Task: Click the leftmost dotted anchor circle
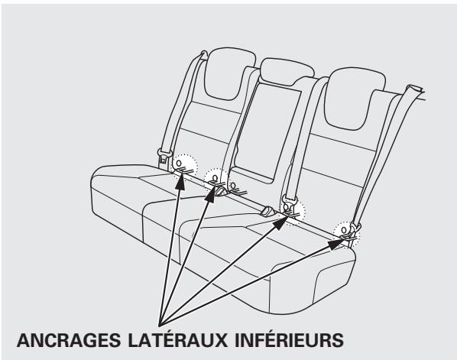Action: pos(183,164)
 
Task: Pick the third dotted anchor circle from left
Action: pos(292,206)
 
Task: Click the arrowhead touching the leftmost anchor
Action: pos(182,177)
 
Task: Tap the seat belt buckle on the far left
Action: pos(163,158)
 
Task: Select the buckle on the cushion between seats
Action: pos(268,211)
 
